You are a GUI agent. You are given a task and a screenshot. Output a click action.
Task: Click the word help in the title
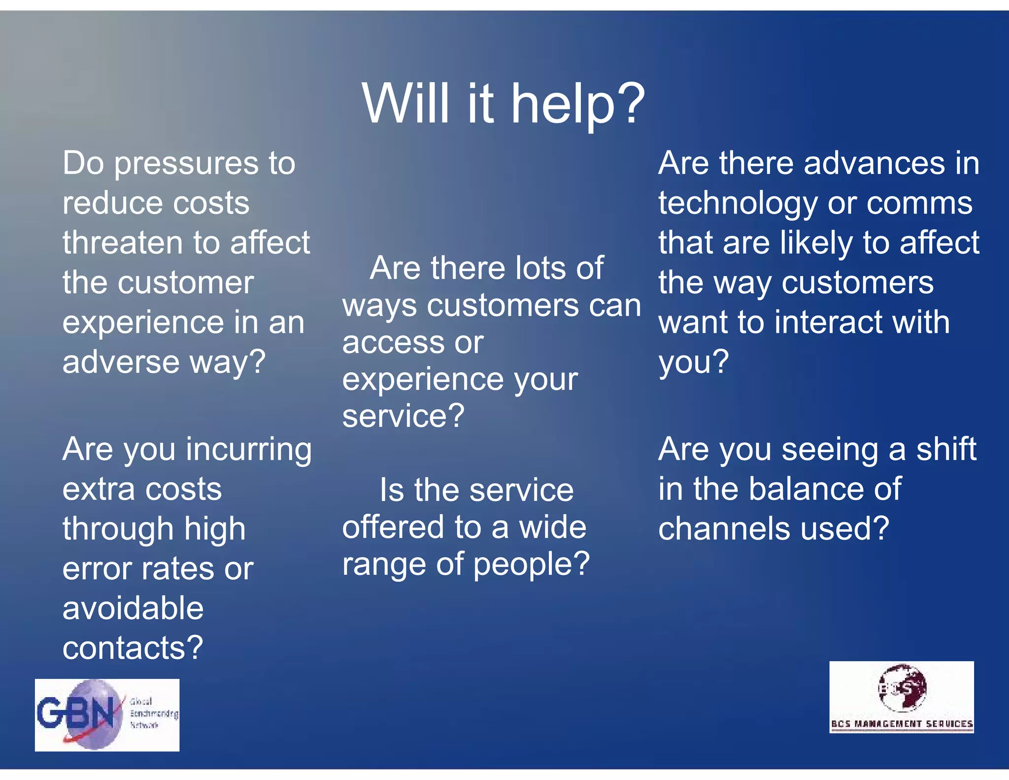[577, 104]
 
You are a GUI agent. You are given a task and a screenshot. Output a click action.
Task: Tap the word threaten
[123, 243]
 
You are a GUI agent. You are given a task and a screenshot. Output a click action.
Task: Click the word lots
[539, 268]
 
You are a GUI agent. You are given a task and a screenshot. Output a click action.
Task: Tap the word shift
[946, 449]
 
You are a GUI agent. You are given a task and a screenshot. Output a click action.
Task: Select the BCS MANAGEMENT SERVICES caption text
[902, 724]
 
